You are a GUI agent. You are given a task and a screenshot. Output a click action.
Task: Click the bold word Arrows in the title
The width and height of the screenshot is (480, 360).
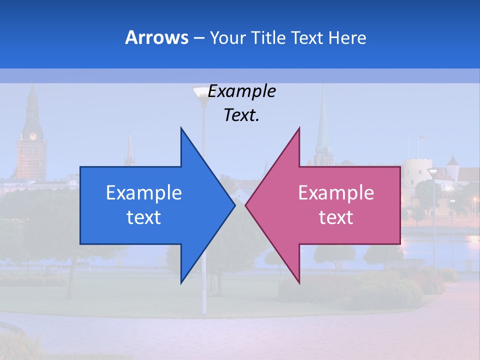point(156,37)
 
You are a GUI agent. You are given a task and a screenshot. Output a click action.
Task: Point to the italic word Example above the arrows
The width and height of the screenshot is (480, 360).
point(241,91)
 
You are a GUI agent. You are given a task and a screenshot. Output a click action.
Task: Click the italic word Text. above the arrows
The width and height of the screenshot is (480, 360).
point(241,115)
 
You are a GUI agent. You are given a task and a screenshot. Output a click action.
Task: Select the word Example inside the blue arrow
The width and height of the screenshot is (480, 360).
point(143,192)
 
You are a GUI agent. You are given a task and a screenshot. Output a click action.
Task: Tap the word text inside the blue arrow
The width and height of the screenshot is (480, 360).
point(143,217)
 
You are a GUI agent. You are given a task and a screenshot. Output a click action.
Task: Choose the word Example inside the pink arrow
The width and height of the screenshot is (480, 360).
point(336,192)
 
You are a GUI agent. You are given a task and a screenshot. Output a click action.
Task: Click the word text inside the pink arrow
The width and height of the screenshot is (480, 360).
point(336,217)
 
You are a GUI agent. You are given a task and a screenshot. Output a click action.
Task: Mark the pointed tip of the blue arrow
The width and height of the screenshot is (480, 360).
point(234,205)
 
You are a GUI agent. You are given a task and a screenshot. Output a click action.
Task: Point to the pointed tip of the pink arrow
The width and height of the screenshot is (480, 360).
point(246,205)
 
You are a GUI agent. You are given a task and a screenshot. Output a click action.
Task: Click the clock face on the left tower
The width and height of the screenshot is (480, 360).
point(33,136)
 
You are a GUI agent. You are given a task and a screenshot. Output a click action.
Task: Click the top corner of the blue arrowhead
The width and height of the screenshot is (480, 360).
point(181,128)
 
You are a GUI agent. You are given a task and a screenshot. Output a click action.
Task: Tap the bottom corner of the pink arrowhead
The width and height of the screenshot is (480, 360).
point(299,283)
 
